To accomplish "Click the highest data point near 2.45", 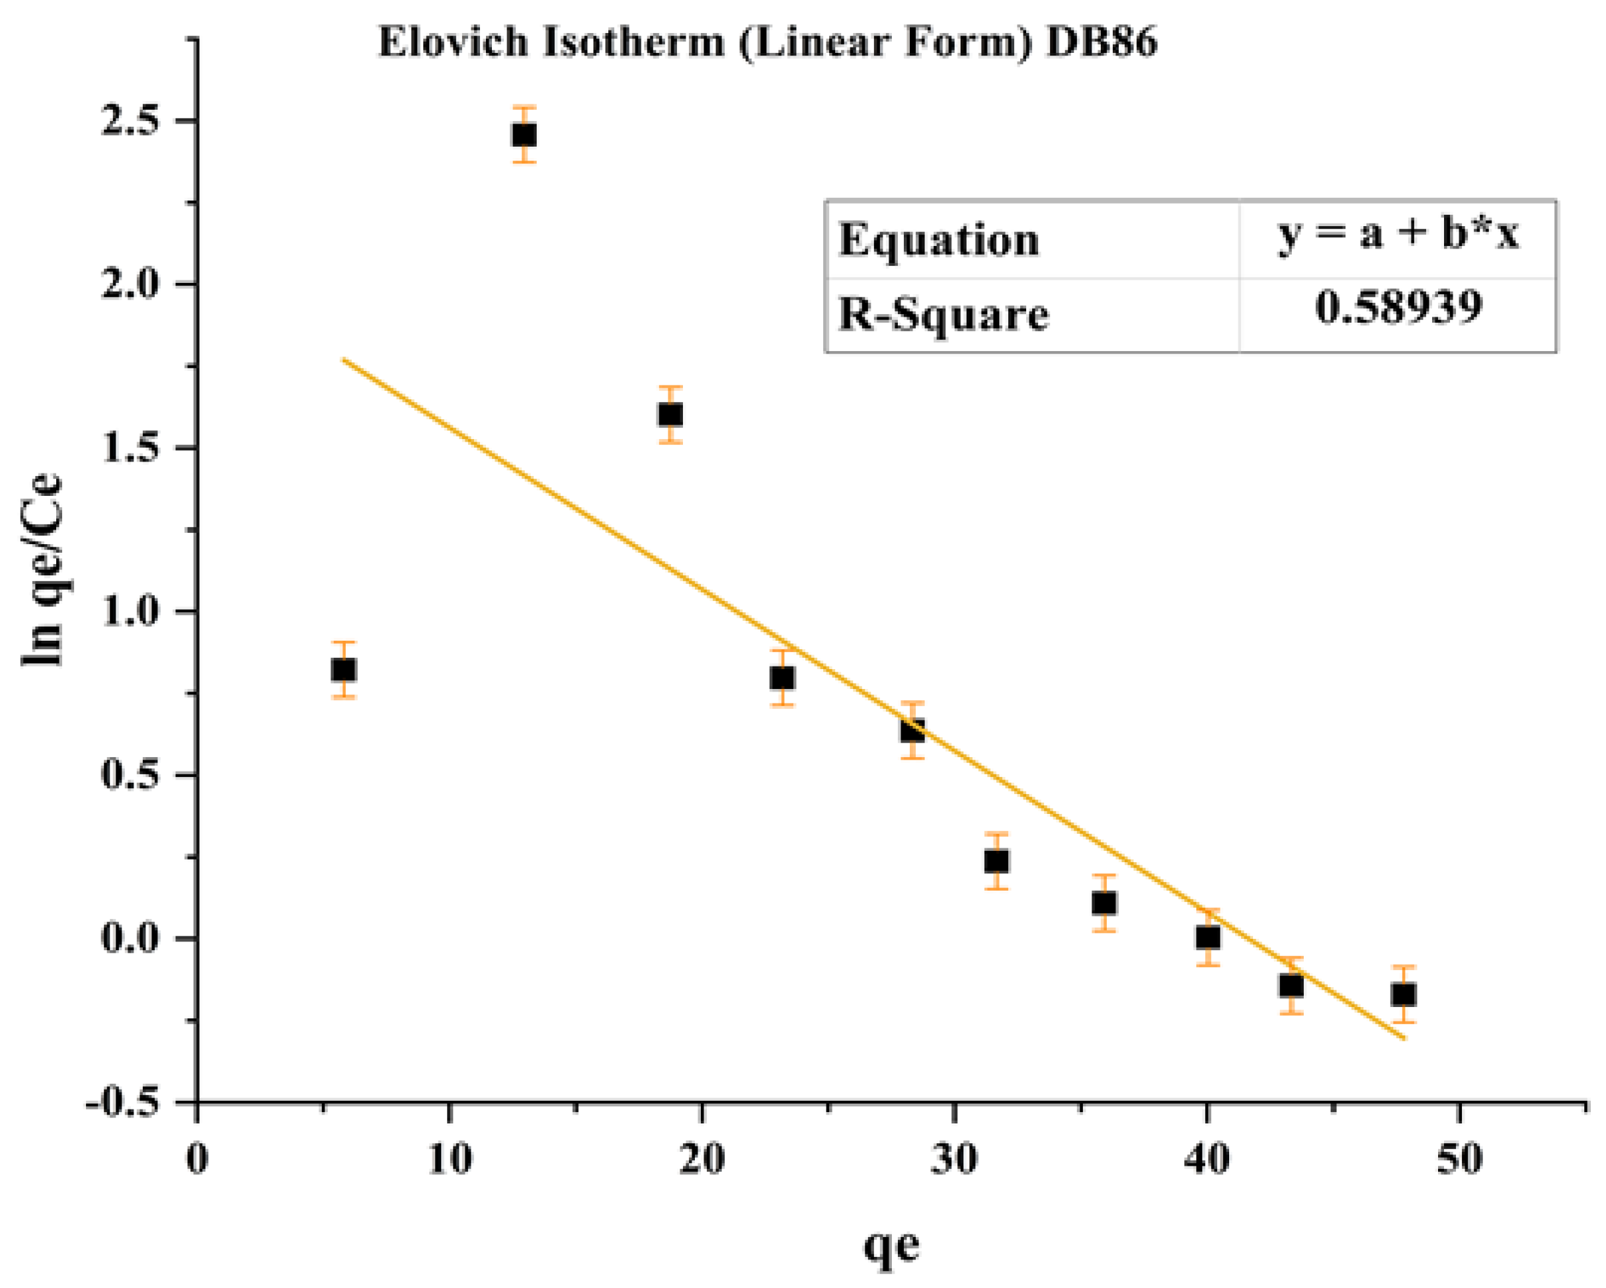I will coord(524,135).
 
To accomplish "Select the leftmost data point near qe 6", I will coord(343,670).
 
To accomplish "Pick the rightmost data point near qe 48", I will coord(1404,994).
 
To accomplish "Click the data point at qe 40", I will coord(1208,936).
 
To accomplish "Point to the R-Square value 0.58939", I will coord(1398,307).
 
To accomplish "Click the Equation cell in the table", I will coord(939,241).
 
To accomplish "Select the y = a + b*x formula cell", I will coord(1398,235).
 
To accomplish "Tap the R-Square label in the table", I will coord(943,313).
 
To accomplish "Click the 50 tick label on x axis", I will coord(1459,1160).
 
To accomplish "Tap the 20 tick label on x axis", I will coord(702,1160).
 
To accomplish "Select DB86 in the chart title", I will coord(1102,42).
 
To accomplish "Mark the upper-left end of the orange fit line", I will coord(344,360).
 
